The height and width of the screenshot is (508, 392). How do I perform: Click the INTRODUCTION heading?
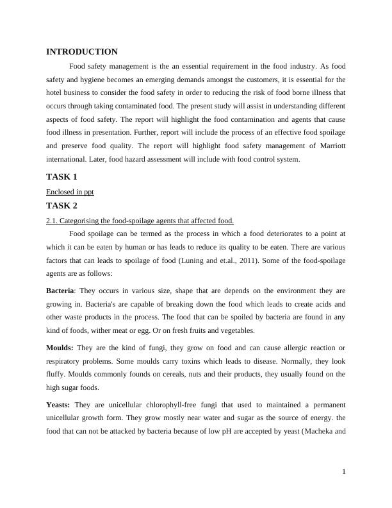click(82, 52)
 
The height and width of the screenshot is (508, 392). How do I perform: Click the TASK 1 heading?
click(61, 176)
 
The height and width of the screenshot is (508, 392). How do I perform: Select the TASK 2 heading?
click(61, 206)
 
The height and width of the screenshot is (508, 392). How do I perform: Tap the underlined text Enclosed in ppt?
click(70, 192)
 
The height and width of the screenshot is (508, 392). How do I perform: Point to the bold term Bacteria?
click(60, 290)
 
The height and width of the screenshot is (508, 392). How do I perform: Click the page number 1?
click(344, 472)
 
